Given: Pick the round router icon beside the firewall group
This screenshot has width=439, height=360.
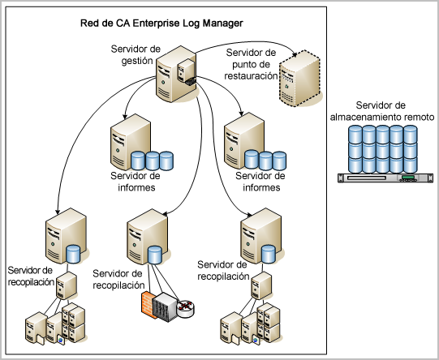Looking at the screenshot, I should coord(186,306).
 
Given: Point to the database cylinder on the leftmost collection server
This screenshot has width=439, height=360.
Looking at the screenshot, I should coord(75,254).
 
